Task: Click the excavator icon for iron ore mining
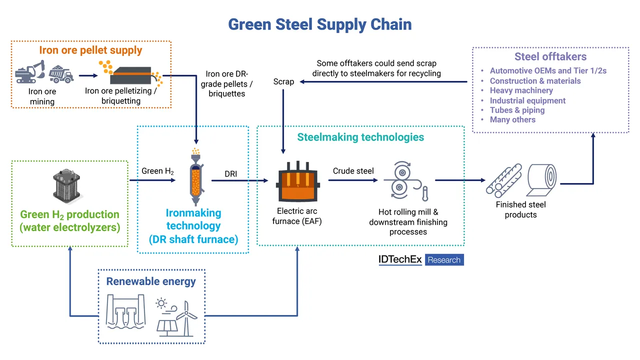coord(30,73)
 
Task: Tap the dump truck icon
coord(61,74)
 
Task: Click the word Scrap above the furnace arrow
coord(283,81)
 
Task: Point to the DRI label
coord(230,174)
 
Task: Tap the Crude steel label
coord(353,171)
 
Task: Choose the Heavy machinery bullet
coord(521,90)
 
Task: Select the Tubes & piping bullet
coord(517,110)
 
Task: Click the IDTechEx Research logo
coord(421,260)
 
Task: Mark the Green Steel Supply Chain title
coord(320,24)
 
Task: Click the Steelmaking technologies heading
coord(360,137)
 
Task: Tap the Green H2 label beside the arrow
coord(157,171)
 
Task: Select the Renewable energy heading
coord(151,281)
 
